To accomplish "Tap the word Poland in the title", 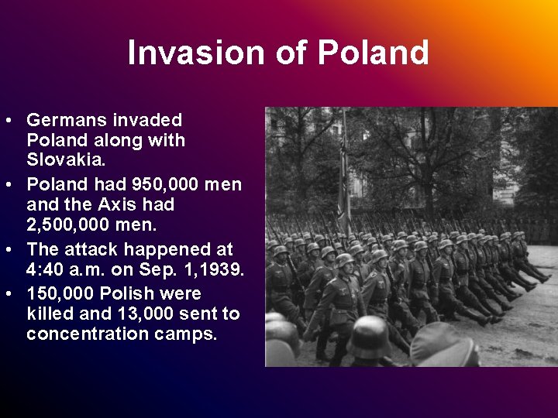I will coord(374,53).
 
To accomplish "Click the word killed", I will coord(50,314).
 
